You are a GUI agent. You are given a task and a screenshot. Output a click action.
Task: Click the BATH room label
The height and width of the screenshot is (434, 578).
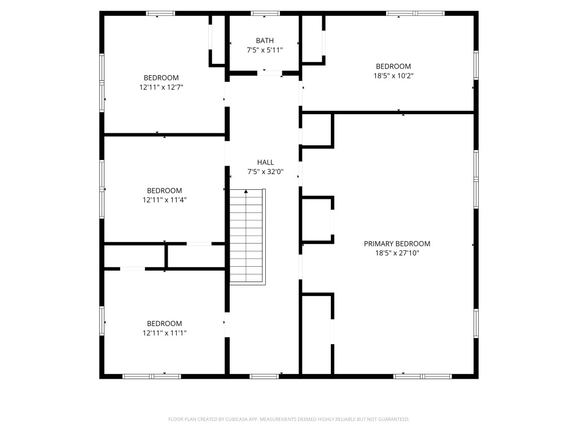265,40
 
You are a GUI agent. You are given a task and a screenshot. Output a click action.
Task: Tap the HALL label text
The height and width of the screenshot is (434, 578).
265,162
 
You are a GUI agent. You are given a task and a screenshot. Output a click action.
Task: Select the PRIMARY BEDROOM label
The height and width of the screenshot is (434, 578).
397,244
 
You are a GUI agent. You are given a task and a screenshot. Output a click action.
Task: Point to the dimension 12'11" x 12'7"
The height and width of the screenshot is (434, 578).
161,87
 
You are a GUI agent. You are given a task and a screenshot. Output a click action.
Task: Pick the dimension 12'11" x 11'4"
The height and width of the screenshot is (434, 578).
164,200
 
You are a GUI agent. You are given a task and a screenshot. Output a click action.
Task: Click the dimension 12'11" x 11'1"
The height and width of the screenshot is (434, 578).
164,333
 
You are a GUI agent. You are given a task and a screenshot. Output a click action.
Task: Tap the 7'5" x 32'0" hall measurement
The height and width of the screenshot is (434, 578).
265,172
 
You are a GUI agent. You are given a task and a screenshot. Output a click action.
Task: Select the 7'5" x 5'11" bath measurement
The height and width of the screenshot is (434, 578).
265,50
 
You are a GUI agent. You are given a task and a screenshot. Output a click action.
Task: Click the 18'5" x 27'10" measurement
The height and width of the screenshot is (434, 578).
397,253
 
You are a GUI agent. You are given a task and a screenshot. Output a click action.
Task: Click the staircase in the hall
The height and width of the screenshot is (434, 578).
247,237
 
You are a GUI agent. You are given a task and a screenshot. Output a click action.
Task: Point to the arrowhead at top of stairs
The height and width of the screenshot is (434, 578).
246,192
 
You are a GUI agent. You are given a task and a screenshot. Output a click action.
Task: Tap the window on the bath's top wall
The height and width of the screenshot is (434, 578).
265,13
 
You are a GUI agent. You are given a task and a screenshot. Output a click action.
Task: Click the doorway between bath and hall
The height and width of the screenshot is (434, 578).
270,73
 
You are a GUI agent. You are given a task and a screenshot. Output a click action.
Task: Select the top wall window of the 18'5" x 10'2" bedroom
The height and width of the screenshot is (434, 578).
415,13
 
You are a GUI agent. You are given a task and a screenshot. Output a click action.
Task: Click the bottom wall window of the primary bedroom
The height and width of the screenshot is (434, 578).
422,376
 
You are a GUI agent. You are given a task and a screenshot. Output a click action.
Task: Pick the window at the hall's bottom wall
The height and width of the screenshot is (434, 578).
264,376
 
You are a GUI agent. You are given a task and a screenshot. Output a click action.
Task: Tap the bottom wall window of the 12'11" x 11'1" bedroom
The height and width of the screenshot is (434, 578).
151,376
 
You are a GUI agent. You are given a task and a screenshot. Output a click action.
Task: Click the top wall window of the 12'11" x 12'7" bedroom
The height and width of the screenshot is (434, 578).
160,13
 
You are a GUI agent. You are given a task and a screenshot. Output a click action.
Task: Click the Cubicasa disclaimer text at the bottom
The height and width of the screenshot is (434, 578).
288,419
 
